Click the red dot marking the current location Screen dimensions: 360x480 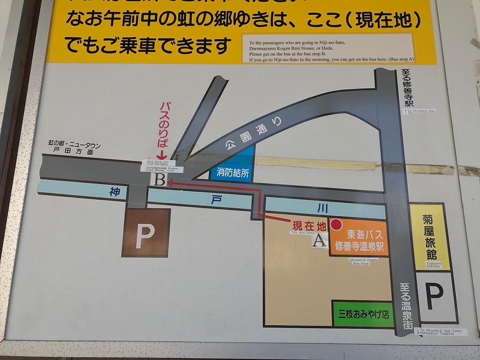coord(336,224)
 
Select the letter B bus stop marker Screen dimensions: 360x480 coord(160,179)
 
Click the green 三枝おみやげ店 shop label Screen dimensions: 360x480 coord(363,314)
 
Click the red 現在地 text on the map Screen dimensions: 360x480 coord(309,226)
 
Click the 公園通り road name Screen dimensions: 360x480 coord(263,133)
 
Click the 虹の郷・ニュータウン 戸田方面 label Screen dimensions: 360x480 coord(74,148)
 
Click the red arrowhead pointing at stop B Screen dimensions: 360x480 coord(171,184)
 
